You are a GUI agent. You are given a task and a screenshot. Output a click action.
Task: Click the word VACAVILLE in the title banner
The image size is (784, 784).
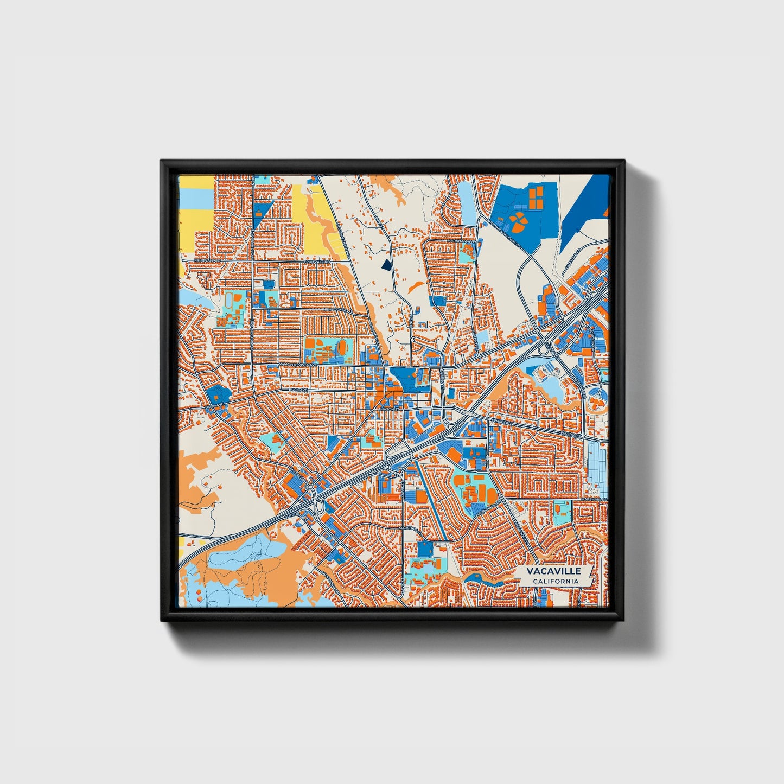(553, 571)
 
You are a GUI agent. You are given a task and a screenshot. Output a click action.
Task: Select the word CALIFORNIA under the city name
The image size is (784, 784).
(554, 582)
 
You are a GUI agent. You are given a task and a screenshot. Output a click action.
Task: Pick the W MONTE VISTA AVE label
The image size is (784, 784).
(297, 365)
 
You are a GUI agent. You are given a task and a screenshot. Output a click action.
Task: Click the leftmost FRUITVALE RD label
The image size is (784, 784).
(210, 261)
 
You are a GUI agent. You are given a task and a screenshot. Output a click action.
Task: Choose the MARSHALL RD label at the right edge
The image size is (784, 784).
(595, 499)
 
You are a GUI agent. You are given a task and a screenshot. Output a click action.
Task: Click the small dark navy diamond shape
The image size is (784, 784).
(386, 265)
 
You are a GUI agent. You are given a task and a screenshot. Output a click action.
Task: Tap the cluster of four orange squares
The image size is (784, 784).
(536, 196)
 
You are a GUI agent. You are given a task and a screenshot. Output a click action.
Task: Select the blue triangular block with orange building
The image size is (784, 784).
(263, 211)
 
